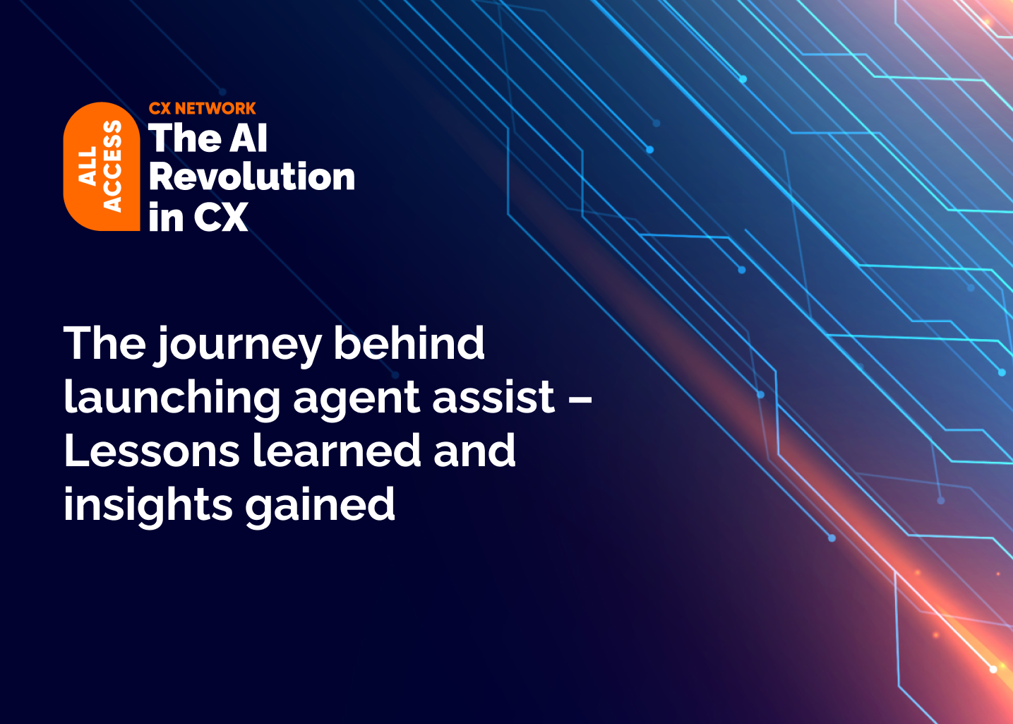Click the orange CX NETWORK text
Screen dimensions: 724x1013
(202, 108)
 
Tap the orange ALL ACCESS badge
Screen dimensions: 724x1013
(101, 167)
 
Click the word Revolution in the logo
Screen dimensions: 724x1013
(251, 177)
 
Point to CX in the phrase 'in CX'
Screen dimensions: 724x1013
(220, 217)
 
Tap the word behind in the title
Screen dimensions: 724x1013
(409, 343)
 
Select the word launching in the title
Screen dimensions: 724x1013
(172, 398)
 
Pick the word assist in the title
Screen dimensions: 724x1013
(493, 397)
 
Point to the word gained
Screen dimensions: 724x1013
(320, 506)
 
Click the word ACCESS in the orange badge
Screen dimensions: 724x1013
(112, 167)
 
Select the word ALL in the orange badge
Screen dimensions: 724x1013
(88, 167)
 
